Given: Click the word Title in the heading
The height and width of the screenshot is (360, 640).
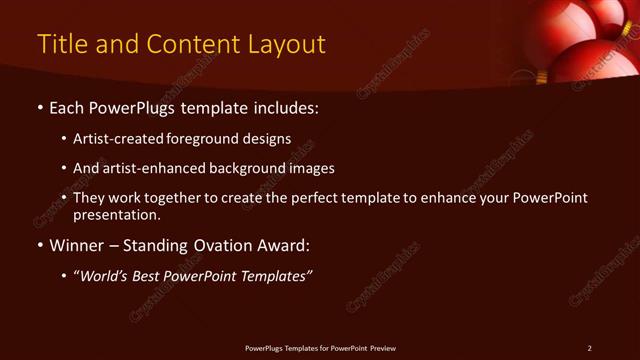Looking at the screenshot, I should click(x=61, y=45).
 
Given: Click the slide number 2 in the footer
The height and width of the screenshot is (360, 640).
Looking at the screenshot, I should click(x=589, y=348).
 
